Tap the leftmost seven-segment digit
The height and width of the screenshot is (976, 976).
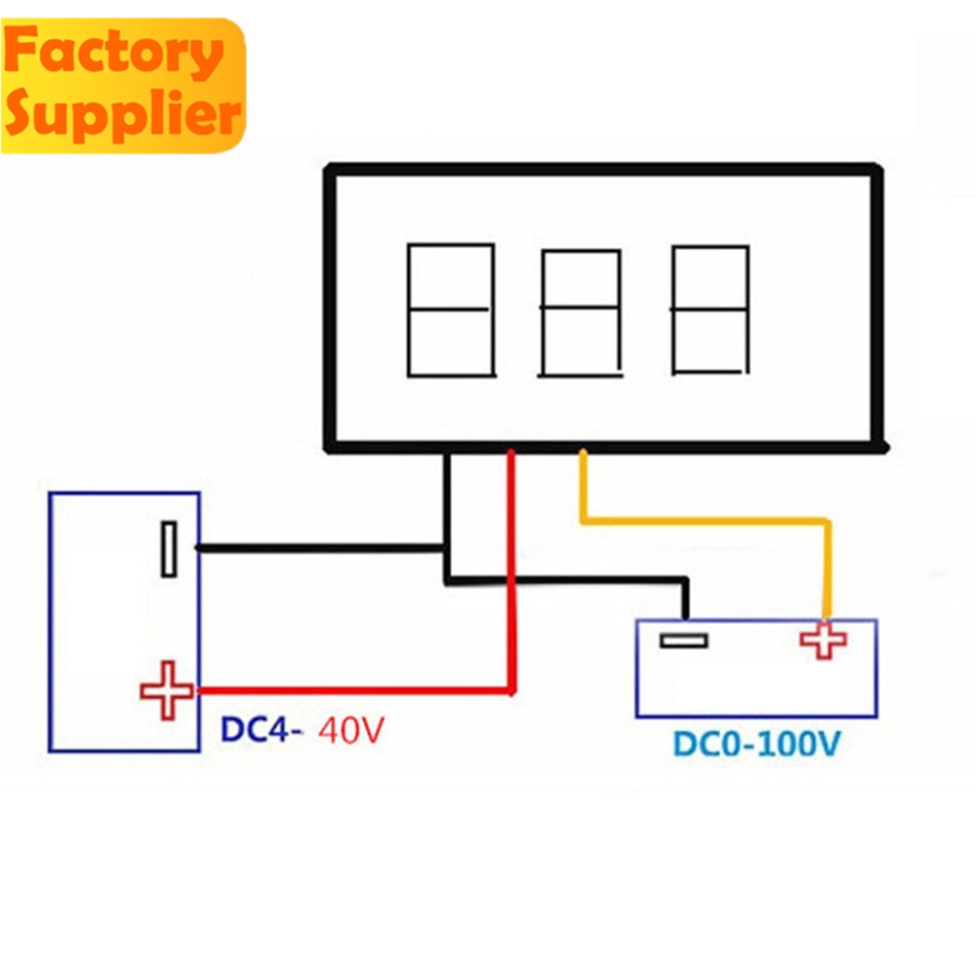pyautogui.click(x=450, y=310)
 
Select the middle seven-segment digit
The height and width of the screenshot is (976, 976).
pyautogui.click(x=581, y=312)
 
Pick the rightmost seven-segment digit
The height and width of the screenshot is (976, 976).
pyautogui.click(x=711, y=310)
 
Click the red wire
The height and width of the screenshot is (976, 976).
pyautogui.click(x=510, y=586)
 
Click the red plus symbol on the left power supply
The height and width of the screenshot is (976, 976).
pyautogui.click(x=167, y=690)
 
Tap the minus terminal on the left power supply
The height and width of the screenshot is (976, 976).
pyautogui.click(x=169, y=549)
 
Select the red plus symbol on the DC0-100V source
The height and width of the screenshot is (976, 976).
pyautogui.click(x=824, y=640)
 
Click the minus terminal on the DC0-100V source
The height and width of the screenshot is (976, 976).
pyautogui.click(x=683, y=640)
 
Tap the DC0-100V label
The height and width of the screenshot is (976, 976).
pyautogui.click(x=755, y=745)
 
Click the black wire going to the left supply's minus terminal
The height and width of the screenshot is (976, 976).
pyautogui.click(x=322, y=548)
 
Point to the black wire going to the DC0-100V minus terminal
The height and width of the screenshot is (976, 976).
pyautogui.click(x=586, y=581)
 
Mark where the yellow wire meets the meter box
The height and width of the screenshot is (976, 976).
pyautogui.click(x=584, y=453)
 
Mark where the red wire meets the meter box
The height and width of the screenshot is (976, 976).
pyautogui.click(x=510, y=453)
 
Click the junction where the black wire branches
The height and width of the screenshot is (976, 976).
pyautogui.click(x=447, y=548)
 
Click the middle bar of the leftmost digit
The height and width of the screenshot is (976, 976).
pyautogui.click(x=450, y=310)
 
